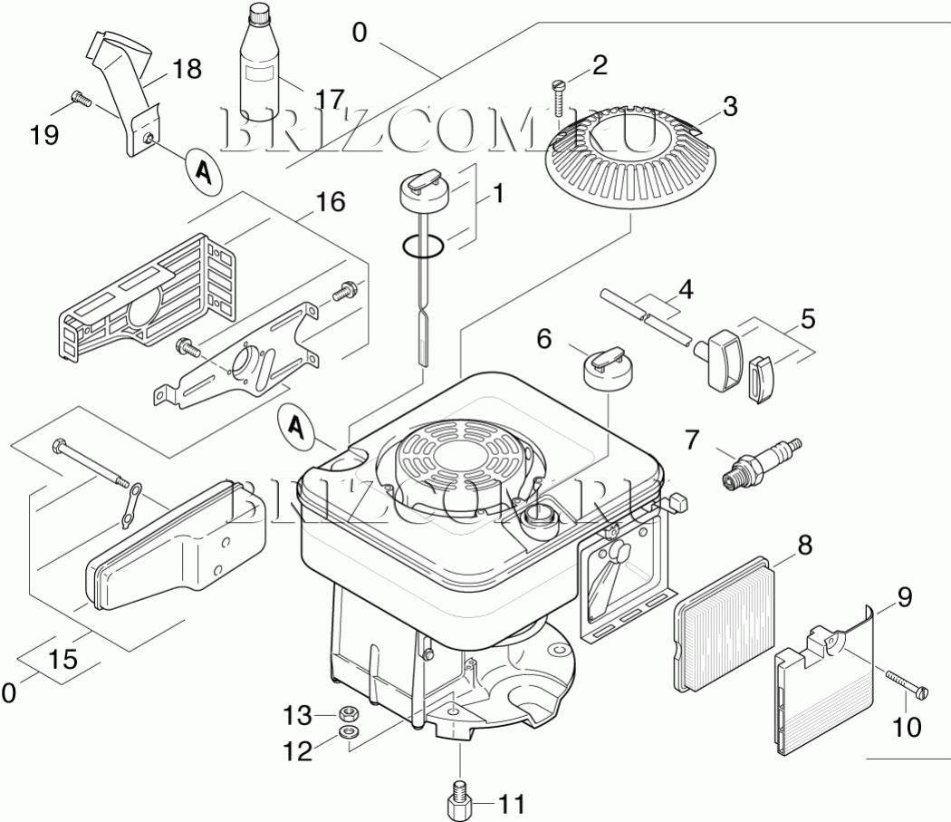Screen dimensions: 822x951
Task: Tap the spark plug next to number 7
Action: [x=761, y=461]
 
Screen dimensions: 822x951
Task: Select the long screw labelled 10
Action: [x=905, y=683]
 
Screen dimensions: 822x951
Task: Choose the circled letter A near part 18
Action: [x=205, y=169]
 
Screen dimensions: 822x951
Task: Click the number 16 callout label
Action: [x=331, y=201]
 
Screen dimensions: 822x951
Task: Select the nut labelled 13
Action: [x=347, y=712]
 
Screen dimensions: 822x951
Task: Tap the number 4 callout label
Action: [x=686, y=291]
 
